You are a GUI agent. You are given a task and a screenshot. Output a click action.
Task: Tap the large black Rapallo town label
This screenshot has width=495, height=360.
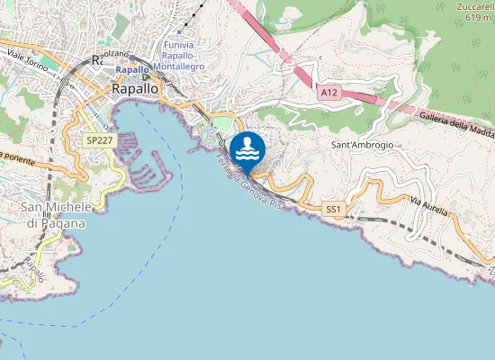tap(135, 89)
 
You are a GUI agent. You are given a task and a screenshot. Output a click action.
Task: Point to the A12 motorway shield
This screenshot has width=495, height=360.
tap(329, 92)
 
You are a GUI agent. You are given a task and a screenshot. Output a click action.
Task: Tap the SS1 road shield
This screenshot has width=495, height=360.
tap(334, 209)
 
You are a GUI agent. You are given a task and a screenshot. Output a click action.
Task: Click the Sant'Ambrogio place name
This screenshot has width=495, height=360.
tap(363, 144)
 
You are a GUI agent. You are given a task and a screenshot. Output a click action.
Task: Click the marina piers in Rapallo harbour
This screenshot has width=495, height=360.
tap(144, 162)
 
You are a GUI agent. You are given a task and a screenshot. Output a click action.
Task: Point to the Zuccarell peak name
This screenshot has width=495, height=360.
tap(474, 8)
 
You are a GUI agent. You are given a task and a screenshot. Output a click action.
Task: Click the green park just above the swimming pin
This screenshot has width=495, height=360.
tap(222, 122)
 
